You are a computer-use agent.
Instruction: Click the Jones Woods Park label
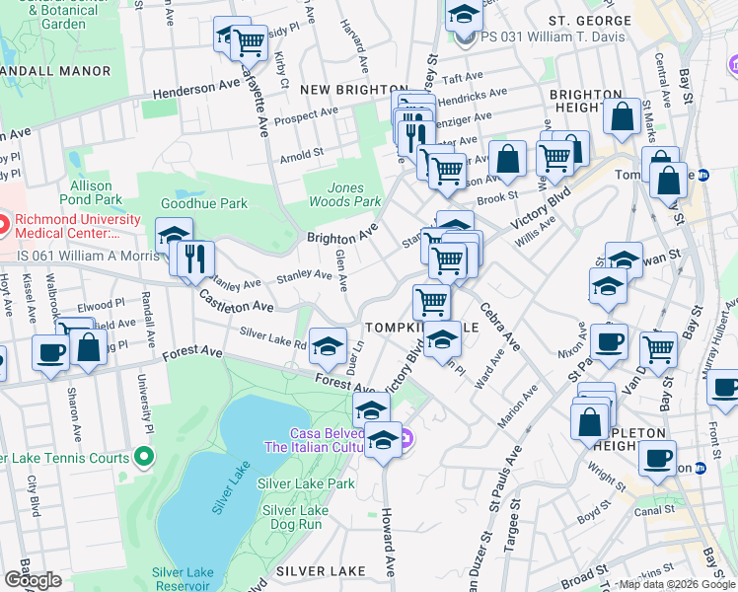point(354,194)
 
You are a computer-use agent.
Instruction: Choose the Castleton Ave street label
point(236,301)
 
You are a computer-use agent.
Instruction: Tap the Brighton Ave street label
point(342,233)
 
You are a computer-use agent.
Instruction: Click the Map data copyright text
point(676,584)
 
